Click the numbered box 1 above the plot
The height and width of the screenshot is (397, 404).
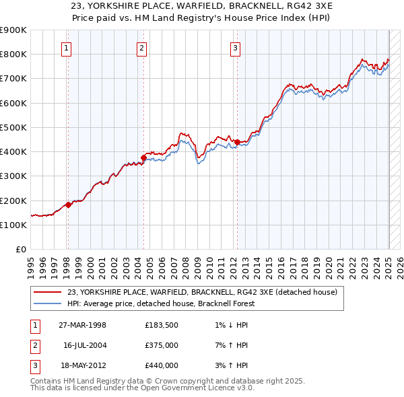click(68, 48)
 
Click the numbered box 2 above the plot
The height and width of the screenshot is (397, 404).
click(142, 48)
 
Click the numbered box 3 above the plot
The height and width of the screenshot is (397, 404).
click(235, 48)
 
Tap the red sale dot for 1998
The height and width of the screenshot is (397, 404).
click(68, 205)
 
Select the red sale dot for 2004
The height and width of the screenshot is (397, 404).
click(143, 158)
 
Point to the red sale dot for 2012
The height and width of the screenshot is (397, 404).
click(237, 142)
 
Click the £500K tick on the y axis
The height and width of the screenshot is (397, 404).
click(14, 127)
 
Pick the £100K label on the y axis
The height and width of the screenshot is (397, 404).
click(14, 225)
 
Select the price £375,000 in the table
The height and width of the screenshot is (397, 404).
click(162, 345)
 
